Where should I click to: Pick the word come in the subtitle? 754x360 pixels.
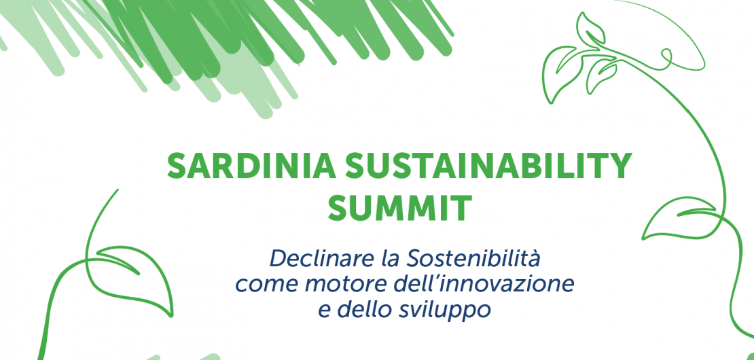[x=267, y=286]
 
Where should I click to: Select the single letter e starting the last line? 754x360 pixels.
[x=325, y=312]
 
